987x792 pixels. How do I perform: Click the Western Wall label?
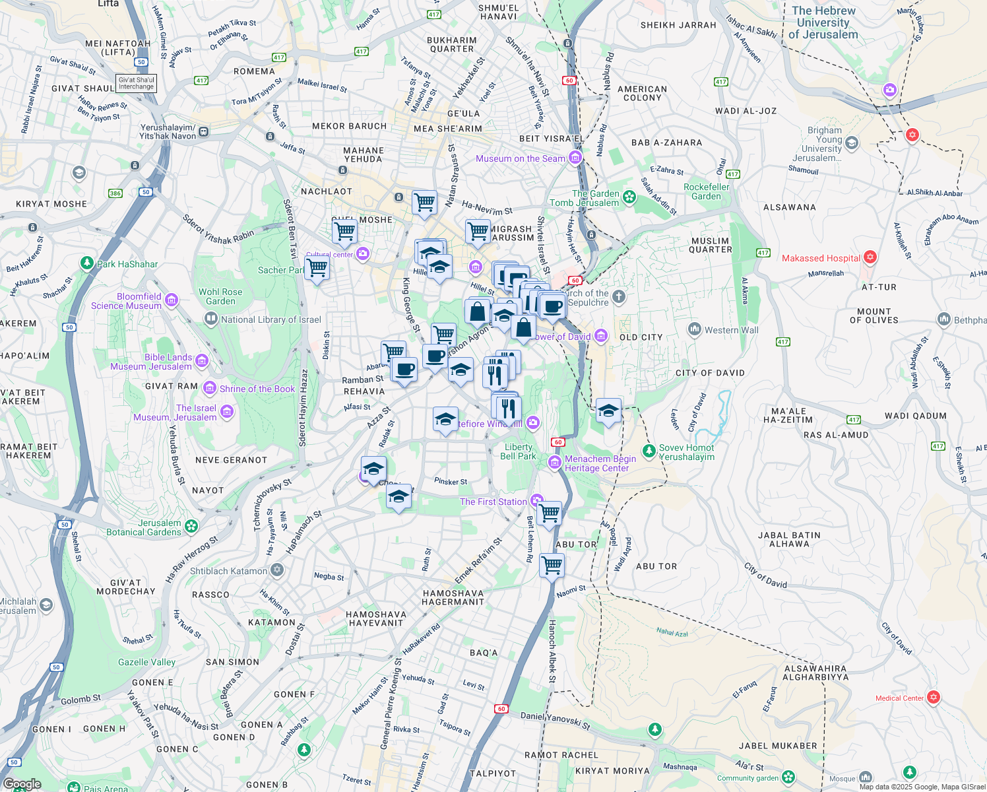(731, 330)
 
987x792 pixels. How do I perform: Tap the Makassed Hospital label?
(821, 258)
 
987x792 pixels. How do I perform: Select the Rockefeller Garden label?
(706, 191)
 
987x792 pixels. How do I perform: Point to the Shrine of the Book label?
(257, 389)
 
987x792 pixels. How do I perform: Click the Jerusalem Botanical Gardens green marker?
(191, 527)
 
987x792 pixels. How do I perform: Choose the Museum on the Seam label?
(521, 158)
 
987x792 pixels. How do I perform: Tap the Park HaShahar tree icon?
(86, 263)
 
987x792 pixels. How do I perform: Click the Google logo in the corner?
(22, 784)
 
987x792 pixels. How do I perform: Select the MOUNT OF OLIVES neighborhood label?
(874, 315)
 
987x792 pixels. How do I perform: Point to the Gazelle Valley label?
(146, 662)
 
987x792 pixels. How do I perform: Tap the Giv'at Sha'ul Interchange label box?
(136, 83)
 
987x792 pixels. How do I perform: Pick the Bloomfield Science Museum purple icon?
(172, 300)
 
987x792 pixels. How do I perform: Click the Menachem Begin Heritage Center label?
(600, 463)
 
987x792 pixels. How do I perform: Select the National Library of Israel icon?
(210, 319)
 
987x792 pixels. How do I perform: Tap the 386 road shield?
(115, 193)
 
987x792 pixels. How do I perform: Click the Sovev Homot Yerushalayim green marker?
(649, 451)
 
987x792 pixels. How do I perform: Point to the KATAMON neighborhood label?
(271, 622)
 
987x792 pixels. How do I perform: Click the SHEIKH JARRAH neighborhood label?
(678, 25)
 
